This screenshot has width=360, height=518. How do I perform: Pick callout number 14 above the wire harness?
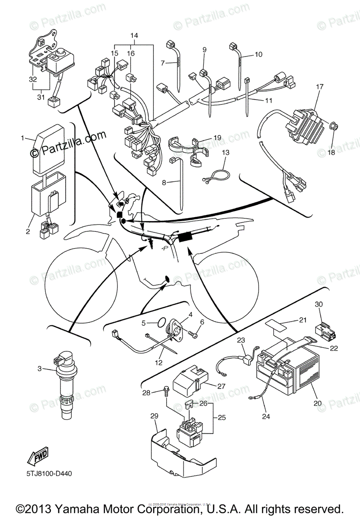pos(134,35)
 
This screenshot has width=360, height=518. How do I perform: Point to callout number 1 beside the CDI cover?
pos(22,138)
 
